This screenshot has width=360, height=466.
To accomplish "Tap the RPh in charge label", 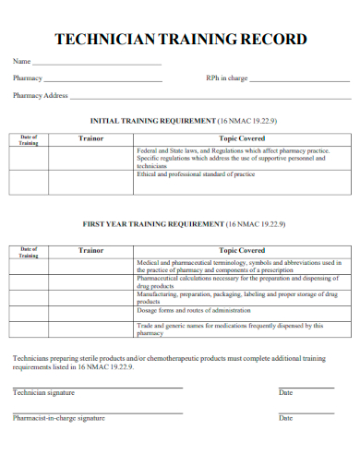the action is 226,78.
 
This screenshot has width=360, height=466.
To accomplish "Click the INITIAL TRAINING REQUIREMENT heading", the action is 179,120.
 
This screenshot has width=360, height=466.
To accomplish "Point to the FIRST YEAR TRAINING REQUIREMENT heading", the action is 179,224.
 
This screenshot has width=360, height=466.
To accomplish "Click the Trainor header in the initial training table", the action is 90,138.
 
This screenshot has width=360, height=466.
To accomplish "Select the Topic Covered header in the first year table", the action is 242,250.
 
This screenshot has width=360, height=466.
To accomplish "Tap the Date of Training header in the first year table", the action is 29,252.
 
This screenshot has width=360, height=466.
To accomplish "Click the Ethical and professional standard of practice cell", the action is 196,174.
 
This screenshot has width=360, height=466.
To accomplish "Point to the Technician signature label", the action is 43,393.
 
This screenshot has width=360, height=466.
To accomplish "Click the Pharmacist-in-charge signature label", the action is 58,418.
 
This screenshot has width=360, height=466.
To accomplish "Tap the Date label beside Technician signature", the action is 286,393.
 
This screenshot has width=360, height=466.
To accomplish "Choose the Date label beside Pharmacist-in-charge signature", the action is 286,418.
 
